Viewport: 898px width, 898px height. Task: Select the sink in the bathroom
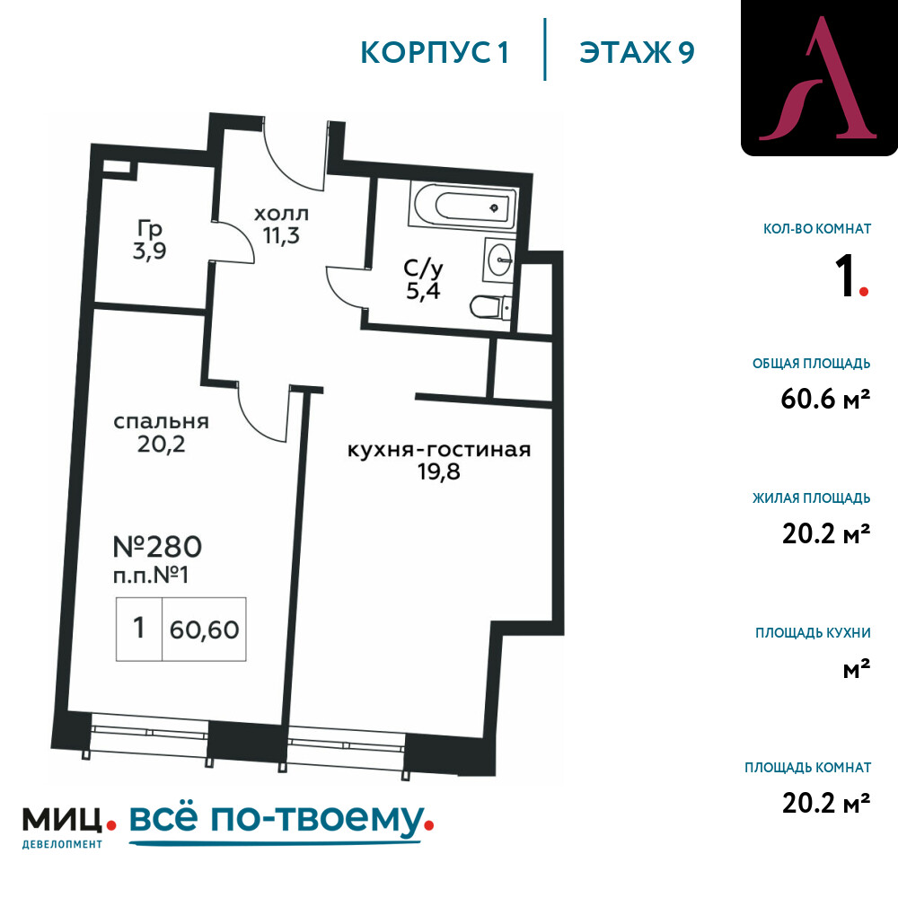(499, 261)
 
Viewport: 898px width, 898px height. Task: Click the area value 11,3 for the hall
(281, 235)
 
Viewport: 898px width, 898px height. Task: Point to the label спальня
(161, 421)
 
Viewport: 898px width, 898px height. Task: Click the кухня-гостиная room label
(439, 450)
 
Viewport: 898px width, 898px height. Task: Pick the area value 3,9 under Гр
(149, 251)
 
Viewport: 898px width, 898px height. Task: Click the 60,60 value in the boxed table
(204, 629)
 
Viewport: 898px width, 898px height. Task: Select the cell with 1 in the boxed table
(139, 629)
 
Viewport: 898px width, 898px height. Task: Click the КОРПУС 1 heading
(435, 52)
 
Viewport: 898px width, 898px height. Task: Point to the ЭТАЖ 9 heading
(637, 52)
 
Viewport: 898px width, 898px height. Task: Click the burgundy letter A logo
(819, 79)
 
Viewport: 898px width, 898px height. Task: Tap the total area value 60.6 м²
(825, 399)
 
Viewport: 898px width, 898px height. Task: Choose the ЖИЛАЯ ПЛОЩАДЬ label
(811, 497)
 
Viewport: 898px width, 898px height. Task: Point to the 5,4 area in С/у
(423, 291)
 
